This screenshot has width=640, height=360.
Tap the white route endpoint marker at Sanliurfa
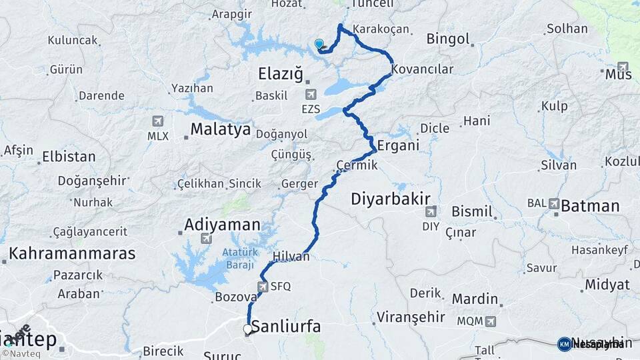click(x=248, y=329)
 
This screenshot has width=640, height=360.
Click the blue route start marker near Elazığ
click(x=319, y=45)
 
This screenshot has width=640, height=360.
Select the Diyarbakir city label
click(x=391, y=198)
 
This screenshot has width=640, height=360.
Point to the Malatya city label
click(x=220, y=129)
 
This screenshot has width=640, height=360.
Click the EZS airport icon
click(x=310, y=95)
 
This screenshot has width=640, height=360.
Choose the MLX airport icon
click(x=157, y=121)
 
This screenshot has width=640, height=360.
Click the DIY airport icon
click(x=430, y=212)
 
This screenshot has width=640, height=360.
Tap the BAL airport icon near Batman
click(x=554, y=203)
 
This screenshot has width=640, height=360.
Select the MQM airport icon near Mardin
click(x=490, y=321)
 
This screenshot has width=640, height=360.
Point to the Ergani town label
click(x=398, y=145)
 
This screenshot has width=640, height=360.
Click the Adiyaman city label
click(x=222, y=224)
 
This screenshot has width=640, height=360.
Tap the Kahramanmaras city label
click(x=72, y=253)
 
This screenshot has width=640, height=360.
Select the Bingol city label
click(x=448, y=39)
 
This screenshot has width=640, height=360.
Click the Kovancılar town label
click(x=423, y=69)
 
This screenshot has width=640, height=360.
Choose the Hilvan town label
click(x=291, y=256)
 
